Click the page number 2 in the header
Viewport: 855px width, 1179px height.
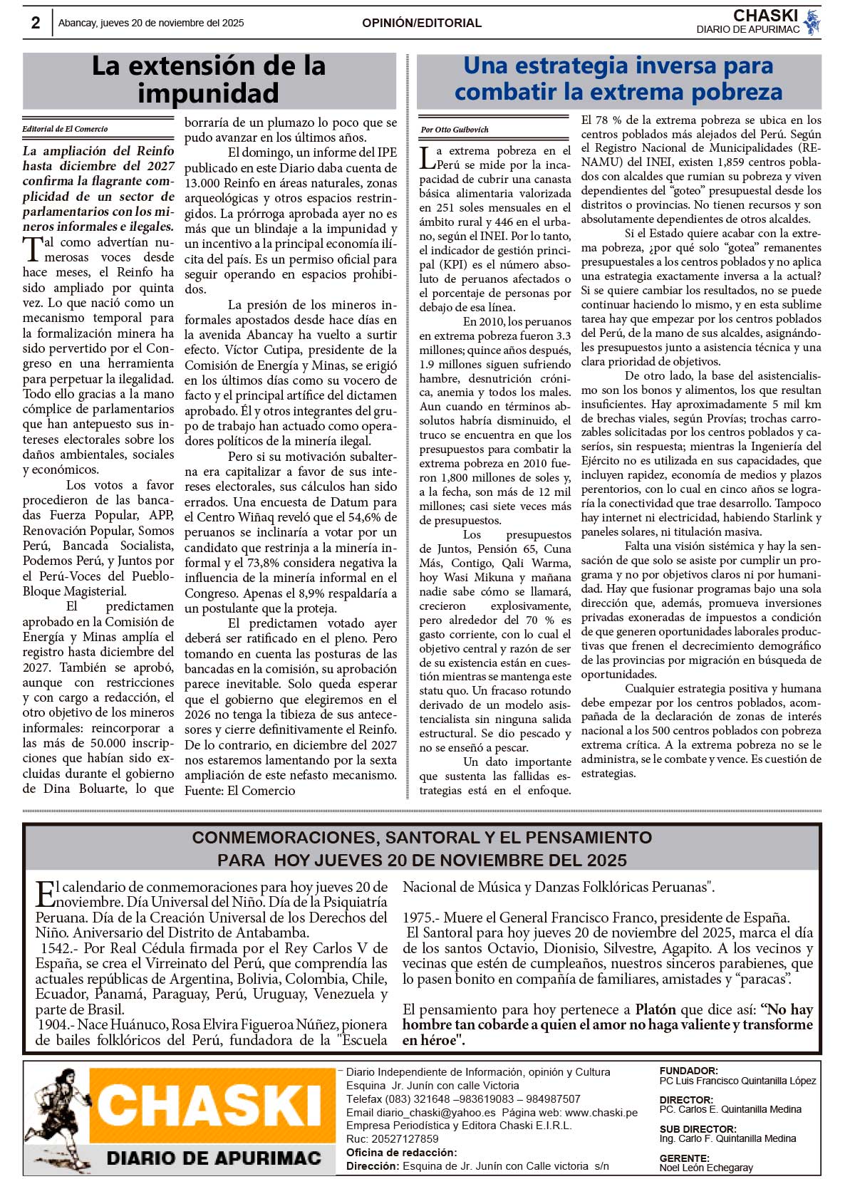coord(36,23)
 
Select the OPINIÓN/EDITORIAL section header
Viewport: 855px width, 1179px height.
coord(421,23)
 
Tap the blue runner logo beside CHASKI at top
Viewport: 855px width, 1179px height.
coord(812,22)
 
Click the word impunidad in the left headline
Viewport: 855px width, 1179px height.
coord(208,93)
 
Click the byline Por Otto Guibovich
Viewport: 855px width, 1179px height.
coord(455,130)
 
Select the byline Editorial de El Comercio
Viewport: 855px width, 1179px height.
coord(65,129)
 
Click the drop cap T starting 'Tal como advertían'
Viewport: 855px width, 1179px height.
coord(33,250)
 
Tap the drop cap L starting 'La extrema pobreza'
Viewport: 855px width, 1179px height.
coord(426,157)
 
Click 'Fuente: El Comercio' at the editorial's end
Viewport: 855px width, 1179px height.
coord(239,790)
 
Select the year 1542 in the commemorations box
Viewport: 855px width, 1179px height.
coord(56,948)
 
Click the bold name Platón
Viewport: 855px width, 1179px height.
coord(655,1009)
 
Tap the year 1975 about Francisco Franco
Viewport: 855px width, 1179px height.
coord(418,918)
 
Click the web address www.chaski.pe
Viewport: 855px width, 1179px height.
coord(601,1112)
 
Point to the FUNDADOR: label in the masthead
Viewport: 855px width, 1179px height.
coord(688,1071)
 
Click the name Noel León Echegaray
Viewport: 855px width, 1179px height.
coord(706,1168)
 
